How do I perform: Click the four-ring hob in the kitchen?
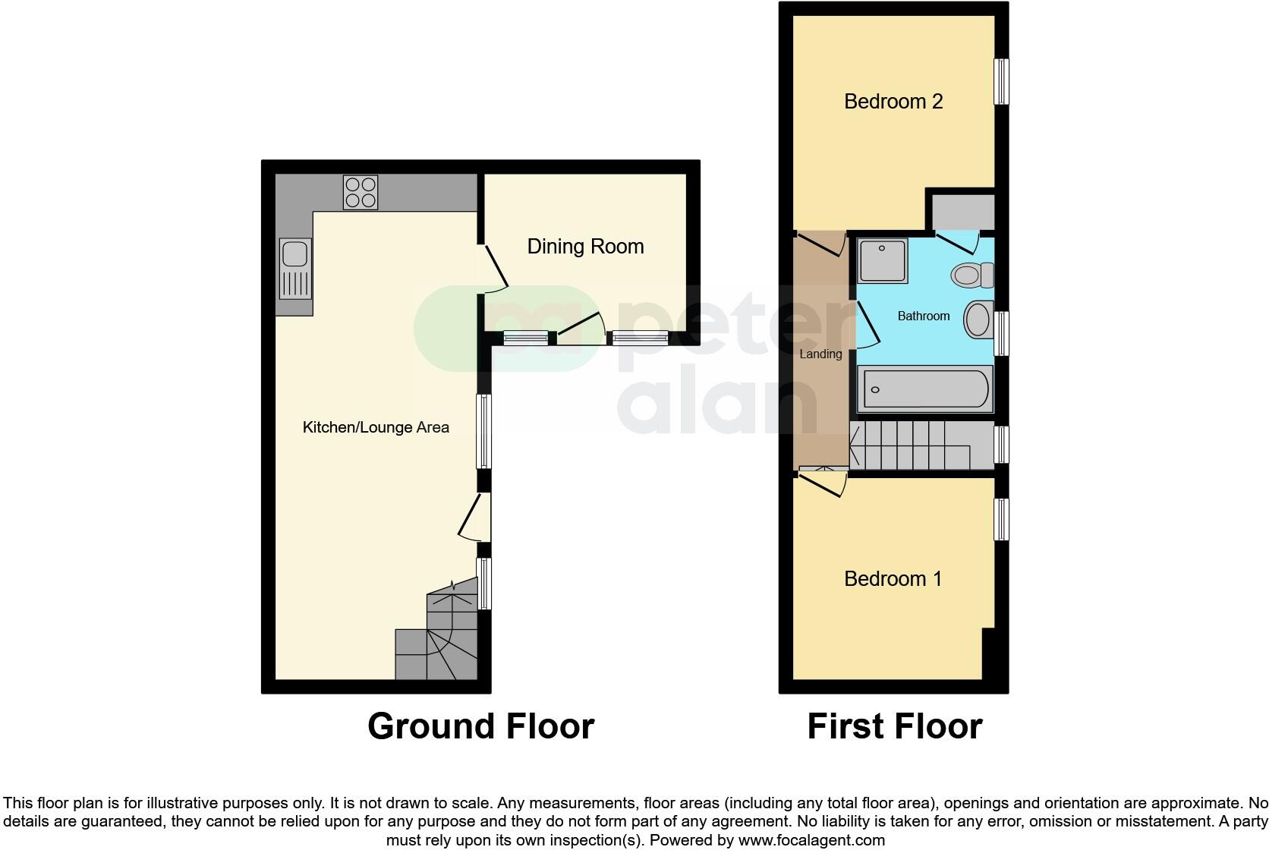[x=360, y=192]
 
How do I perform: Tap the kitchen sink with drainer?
[x=295, y=268]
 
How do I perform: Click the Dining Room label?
[x=585, y=246]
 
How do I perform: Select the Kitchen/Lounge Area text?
[x=376, y=427]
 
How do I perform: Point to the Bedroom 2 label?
[x=893, y=101]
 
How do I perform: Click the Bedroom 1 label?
[x=893, y=578]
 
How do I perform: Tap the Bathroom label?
[x=923, y=316]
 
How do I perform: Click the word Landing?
[x=820, y=354]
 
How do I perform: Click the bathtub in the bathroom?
[x=924, y=389]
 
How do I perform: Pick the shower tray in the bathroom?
[x=882, y=260]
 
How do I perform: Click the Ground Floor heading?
[x=480, y=726]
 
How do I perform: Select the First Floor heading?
[x=894, y=726]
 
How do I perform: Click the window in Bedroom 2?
[x=1002, y=81]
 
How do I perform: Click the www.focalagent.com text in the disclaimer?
[x=811, y=840]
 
